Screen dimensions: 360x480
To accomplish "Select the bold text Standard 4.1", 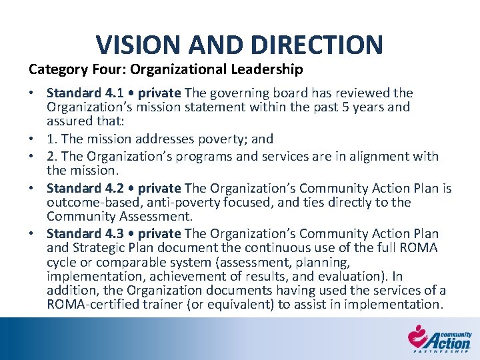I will click(x=81, y=93).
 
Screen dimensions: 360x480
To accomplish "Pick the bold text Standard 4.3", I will click(x=81, y=233).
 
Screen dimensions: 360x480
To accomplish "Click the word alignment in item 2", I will click(x=377, y=156).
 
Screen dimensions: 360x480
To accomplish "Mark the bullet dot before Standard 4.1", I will click(x=32, y=93).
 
